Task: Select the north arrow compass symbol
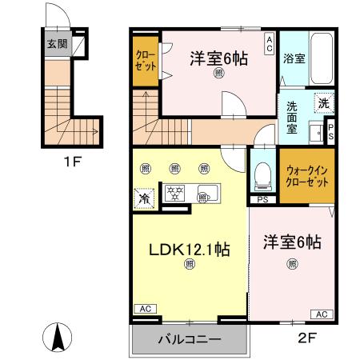coord(58,337)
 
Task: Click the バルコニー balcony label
coord(188,340)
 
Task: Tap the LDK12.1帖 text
coord(190,249)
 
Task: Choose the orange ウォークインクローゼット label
coord(307,176)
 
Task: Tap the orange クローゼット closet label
coord(146,60)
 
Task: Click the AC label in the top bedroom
coord(270,40)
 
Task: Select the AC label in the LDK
coord(146,308)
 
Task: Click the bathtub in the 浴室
coord(322,58)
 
